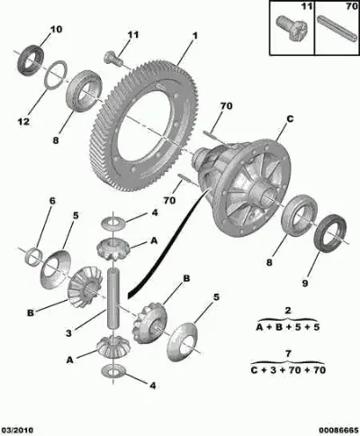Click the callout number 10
(56, 30)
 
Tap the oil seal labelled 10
(30, 60)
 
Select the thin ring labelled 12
(56, 75)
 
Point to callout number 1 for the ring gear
(195, 36)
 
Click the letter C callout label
(290, 119)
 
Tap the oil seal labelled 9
(329, 233)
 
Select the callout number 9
(305, 283)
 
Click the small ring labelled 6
(33, 257)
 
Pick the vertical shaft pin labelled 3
(113, 299)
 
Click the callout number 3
(69, 333)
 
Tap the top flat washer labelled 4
(113, 223)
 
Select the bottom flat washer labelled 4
(113, 372)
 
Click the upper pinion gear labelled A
(112, 249)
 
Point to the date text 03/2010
(17, 431)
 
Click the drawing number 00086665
(339, 431)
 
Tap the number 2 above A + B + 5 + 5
(288, 311)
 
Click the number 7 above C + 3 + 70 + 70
(288, 354)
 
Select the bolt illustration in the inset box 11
(291, 28)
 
